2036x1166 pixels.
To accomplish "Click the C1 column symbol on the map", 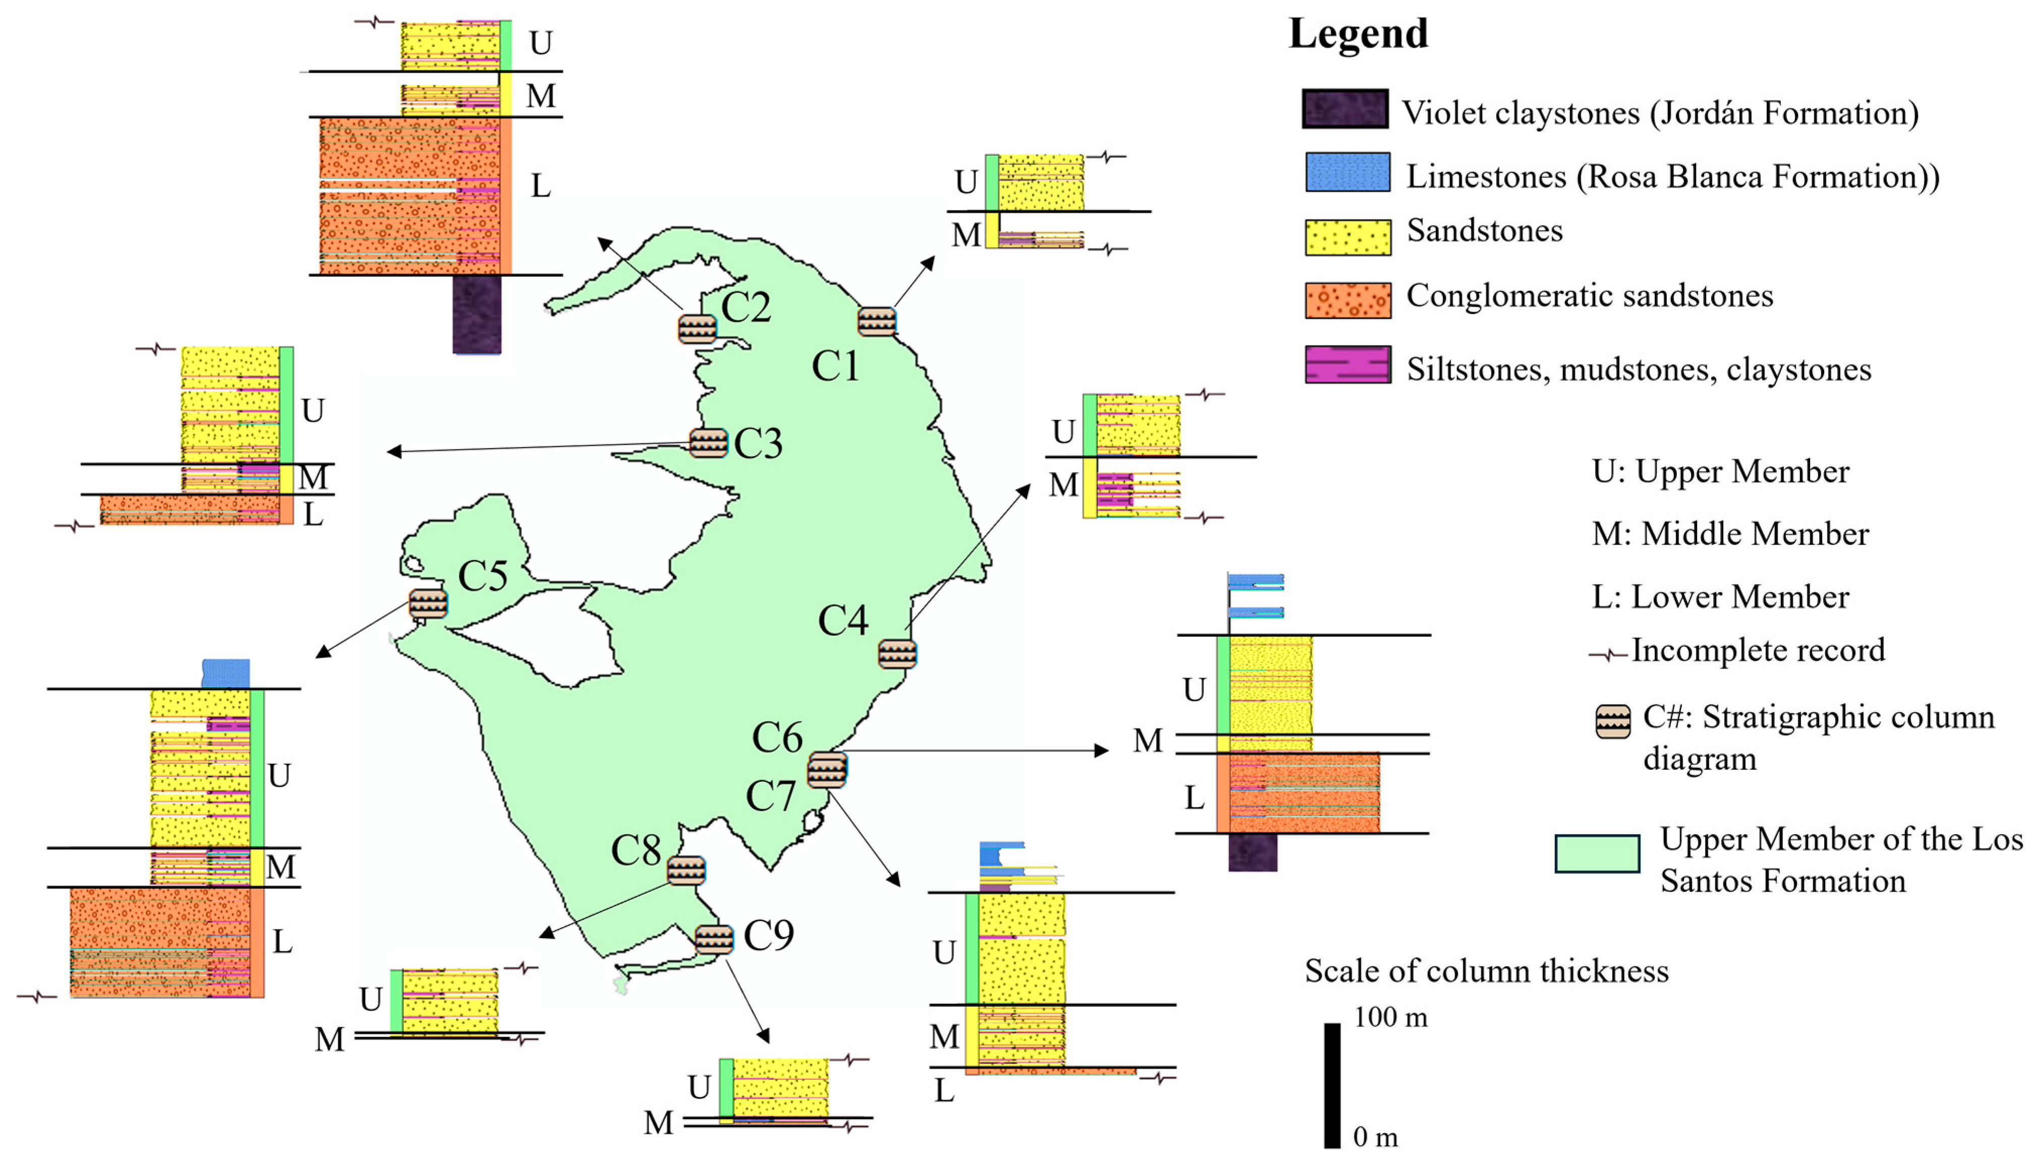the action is pyautogui.click(x=876, y=321).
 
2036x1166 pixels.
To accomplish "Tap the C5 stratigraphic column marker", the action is pyautogui.click(x=428, y=603).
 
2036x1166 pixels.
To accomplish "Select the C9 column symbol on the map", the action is pyautogui.click(x=714, y=939).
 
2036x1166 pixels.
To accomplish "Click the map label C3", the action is pyautogui.click(x=758, y=443).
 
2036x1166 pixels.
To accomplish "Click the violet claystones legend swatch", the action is pyautogui.click(x=1345, y=109).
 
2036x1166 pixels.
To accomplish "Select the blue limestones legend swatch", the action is pyautogui.click(x=1347, y=172).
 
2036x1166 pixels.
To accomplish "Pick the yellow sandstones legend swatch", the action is pyautogui.click(x=1347, y=237).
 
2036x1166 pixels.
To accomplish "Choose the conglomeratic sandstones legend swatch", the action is pyautogui.click(x=1347, y=300).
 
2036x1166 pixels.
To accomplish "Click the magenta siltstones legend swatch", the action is pyautogui.click(x=1347, y=364).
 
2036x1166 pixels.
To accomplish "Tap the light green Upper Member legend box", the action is pyautogui.click(x=1596, y=853).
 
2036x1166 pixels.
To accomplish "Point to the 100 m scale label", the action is pyautogui.click(x=1390, y=1017).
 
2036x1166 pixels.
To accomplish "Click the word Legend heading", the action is pyautogui.click(x=1358, y=34).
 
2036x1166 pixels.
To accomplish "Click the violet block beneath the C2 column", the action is pyautogui.click(x=477, y=314).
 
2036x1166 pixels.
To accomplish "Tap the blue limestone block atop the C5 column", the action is pyautogui.click(x=226, y=672).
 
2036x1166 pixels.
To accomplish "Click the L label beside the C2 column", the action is pyautogui.click(x=541, y=186).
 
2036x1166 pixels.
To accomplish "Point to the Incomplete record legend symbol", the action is pyautogui.click(x=1608, y=655).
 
